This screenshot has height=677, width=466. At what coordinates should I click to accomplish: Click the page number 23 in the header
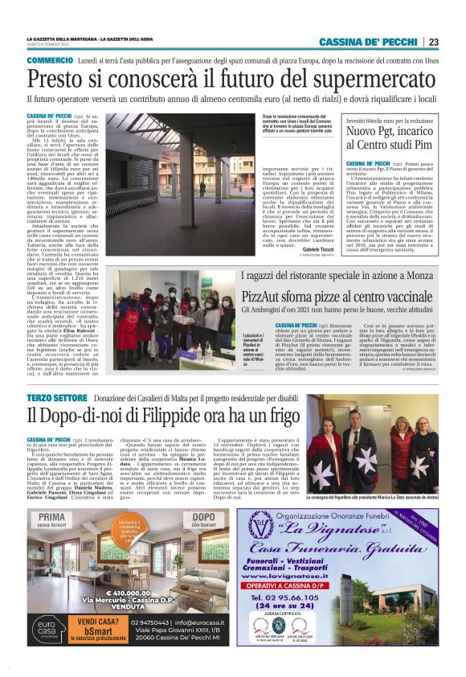pos(433,42)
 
